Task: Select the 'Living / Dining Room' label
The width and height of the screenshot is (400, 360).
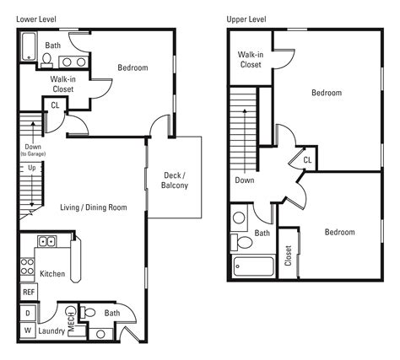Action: point(94,207)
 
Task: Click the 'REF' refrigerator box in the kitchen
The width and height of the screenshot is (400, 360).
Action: point(28,292)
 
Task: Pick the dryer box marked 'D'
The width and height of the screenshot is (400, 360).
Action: point(27,314)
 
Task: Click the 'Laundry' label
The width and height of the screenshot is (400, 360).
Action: point(51,331)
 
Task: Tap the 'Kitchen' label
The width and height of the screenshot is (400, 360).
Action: point(51,274)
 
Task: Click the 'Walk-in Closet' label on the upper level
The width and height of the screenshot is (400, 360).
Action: point(251,59)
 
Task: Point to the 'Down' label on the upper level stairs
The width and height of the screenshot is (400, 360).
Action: point(245,180)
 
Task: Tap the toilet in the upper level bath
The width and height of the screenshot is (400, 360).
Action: point(244,243)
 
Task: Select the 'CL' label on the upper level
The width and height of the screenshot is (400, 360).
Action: point(307,159)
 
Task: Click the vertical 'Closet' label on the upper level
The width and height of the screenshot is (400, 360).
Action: point(289,255)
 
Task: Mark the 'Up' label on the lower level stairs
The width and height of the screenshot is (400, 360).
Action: point(32,168)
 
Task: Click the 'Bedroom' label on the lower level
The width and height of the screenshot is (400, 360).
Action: point(132,68)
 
